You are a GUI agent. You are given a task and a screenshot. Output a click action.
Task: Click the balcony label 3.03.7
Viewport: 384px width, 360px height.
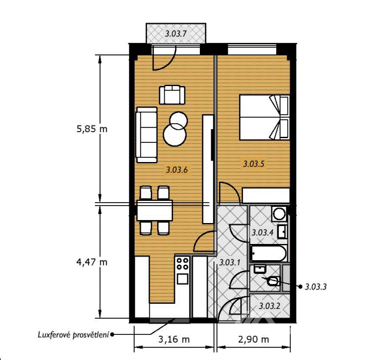tap(176, 33)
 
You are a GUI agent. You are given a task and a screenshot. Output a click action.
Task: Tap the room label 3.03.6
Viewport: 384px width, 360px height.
tap(176, 170)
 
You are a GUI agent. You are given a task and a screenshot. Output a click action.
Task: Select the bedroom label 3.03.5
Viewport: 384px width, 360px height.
tap(254, 164)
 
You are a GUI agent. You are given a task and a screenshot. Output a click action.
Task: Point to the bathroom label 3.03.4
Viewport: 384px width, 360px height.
tap(263, 233)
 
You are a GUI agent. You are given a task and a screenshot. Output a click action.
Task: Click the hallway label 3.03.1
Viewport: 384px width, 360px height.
tap(230, 263)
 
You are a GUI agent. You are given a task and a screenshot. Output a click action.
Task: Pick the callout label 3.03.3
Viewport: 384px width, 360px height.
tap(316, 287)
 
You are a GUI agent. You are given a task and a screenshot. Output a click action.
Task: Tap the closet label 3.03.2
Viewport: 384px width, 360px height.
tap(269, 306)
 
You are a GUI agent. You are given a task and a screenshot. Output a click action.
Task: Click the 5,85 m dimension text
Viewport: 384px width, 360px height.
tap(92, 129)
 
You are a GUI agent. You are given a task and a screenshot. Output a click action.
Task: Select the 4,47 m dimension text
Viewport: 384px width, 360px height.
tap(92, 263)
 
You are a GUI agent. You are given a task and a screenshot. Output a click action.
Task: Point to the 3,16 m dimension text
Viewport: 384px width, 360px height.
tap(174, 340)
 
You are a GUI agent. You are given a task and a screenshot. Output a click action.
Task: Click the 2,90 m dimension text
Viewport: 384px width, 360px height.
tap(254, 340)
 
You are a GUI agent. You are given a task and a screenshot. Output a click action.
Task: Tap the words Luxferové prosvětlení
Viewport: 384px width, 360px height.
tap(73, 335)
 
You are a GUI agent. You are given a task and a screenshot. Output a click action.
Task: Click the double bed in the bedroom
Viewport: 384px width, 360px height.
tap(264, 117)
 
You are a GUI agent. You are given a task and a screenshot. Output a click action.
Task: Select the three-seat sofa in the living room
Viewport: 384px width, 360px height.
tap(147, 135)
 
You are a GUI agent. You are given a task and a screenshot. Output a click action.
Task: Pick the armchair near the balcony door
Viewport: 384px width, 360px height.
tap(172, 94)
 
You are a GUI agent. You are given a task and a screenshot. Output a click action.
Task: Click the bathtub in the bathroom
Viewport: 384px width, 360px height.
tap(269, 253)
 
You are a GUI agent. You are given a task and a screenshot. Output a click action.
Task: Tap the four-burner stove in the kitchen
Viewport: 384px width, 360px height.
tap(182, 264)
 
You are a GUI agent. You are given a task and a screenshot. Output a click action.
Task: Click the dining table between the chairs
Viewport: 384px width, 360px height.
tap(154, 210)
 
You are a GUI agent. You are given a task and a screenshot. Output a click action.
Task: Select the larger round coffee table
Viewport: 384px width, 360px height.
tap(175, 135)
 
